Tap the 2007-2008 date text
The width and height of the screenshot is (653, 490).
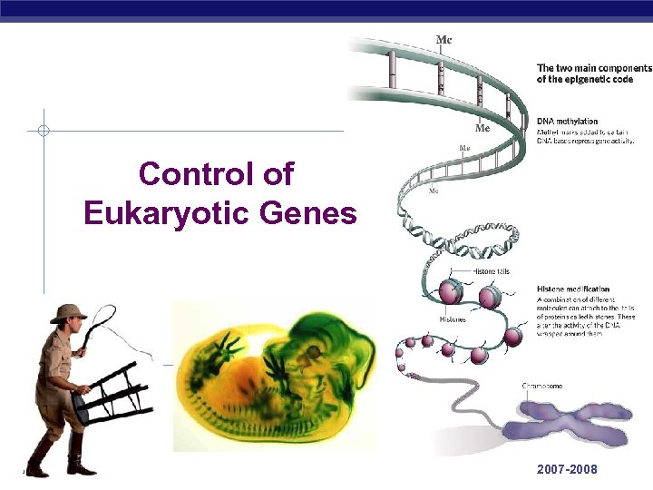pyautogui.click(x=567, y=470)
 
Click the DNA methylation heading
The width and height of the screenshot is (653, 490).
pyautogui.click(x=568, y=121)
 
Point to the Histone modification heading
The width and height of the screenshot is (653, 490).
pyautogui.click(x=573, y=289)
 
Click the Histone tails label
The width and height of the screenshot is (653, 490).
pyautogui.click(x=492, y=271)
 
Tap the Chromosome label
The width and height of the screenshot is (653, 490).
pyautogui.click(x=541, y=386)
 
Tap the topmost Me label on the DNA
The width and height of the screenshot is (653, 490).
pyautogui.click(x=445, y=39)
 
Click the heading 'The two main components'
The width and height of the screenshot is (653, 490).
pyautogui.click(x=594, y=68)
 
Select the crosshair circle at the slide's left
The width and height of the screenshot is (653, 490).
pyautogui.click(x=43, y=131)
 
